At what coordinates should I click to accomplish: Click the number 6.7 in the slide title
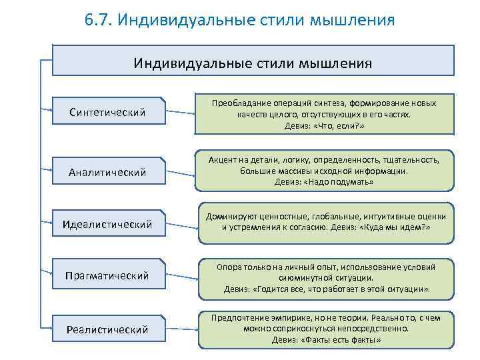(x=98, y=20)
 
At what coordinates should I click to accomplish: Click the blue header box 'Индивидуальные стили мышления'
(x=253, y=63)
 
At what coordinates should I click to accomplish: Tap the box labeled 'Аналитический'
(x=107, y=173)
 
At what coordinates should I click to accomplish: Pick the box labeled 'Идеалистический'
(x=107, y=222)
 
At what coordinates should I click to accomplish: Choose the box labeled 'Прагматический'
(x=107, y=275)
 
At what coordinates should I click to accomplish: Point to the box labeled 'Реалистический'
(x=107, y=329)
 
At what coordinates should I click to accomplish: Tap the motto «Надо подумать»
(x=339, y=182)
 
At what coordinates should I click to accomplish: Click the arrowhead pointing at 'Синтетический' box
(x=53, y=107)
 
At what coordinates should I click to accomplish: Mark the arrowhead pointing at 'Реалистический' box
(x=53, y=327)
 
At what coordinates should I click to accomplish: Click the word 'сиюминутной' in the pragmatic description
(x=301, y=277)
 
